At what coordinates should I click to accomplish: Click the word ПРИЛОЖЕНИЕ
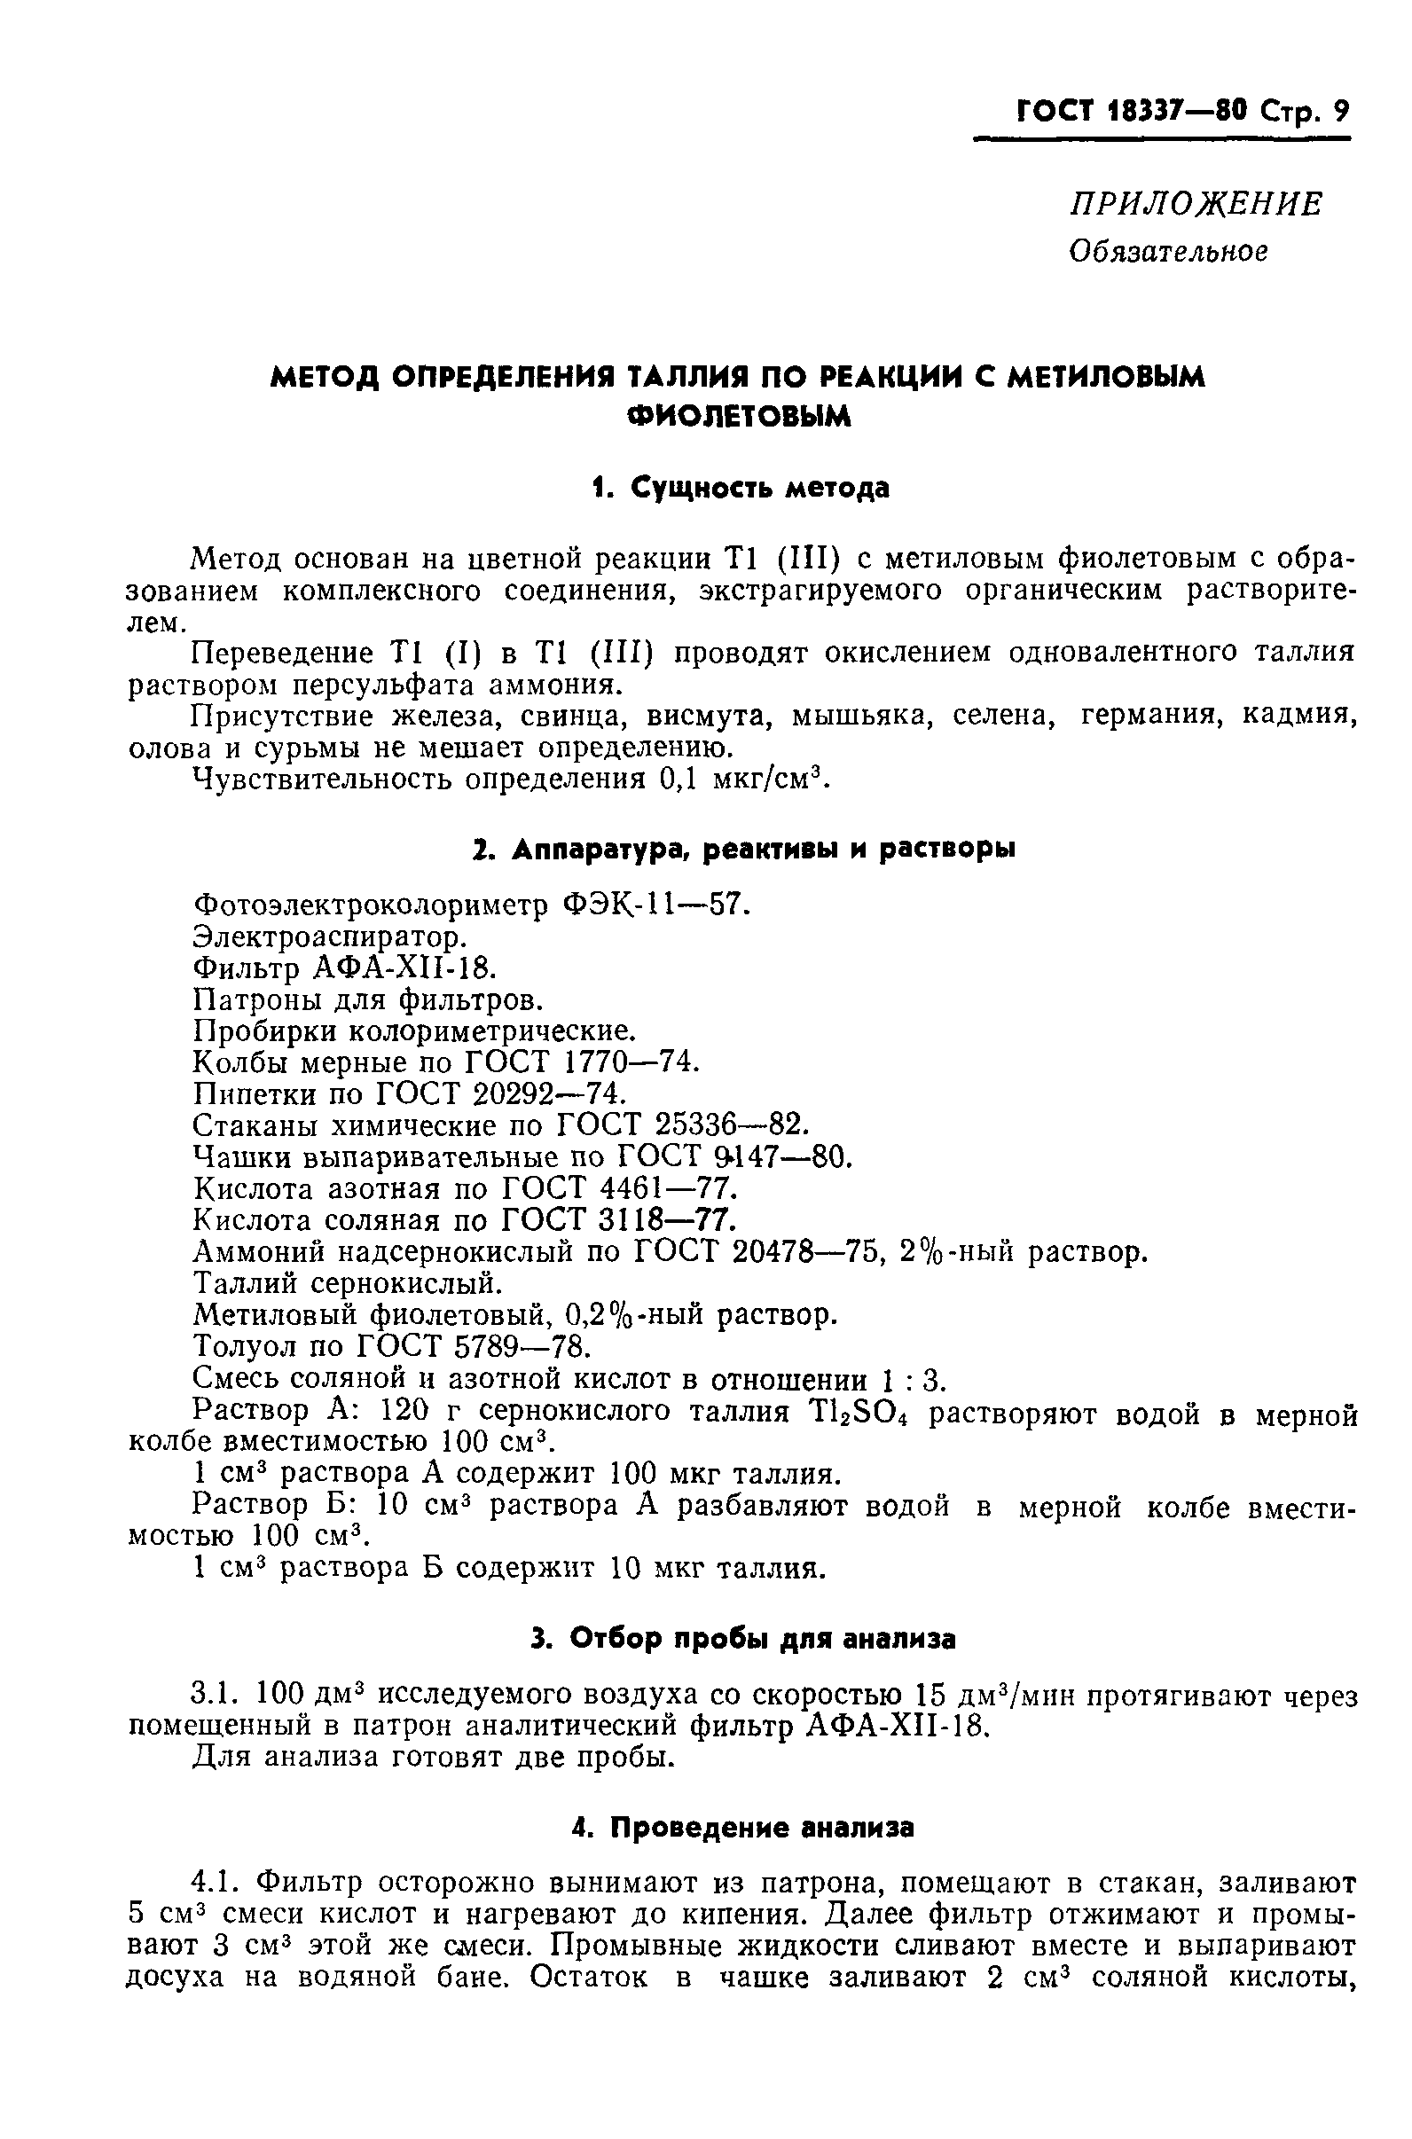pyautogui.click(x=1196, y=205)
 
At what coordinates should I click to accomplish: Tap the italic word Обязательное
pyautogui.click(x=1168, y=251)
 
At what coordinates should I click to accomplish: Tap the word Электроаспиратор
pyautogui.click(x=331, y=937)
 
